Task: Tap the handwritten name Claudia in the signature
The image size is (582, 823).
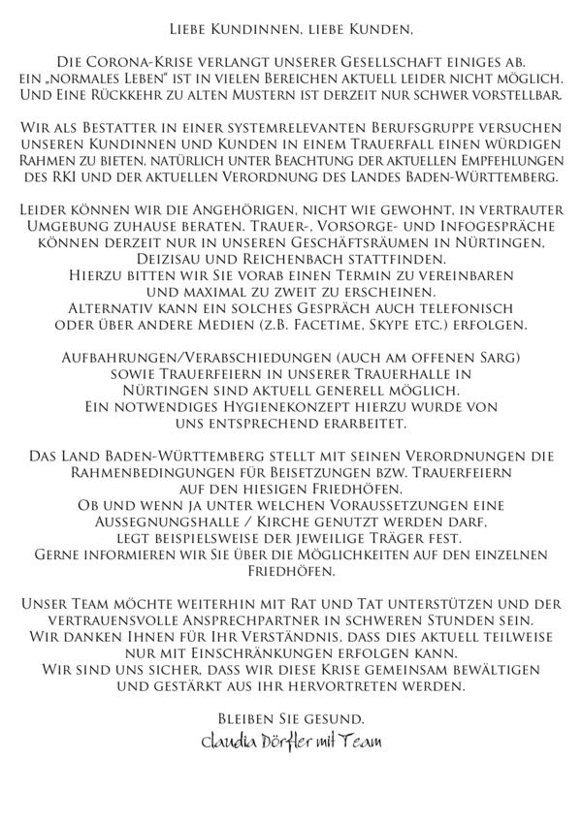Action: click(225, 744)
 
